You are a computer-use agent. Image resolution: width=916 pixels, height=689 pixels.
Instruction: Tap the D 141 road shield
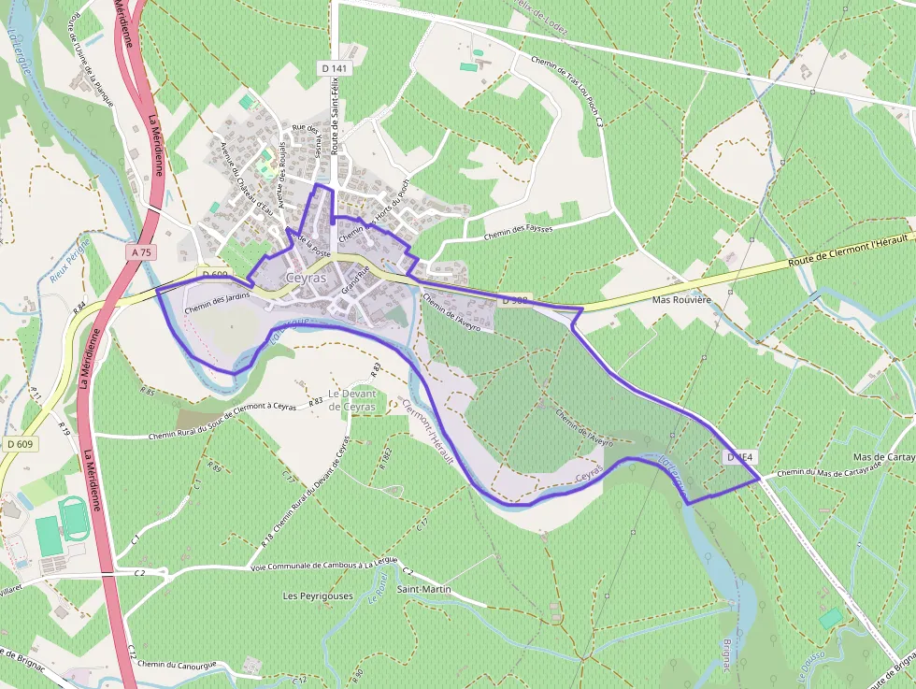click(x=333, y=68)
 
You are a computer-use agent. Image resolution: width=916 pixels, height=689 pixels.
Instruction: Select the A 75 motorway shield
click(x=141, y=252)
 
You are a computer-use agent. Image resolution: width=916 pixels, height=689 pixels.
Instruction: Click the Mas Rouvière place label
click(x=681, y=300)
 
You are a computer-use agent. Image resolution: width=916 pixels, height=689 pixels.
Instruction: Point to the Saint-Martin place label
click(x=423, y=590)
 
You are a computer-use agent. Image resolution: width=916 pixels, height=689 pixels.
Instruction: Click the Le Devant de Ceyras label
click(x=351, y=400)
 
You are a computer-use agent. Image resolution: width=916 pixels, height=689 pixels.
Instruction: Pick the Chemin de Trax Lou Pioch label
click(x=566, y=89)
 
